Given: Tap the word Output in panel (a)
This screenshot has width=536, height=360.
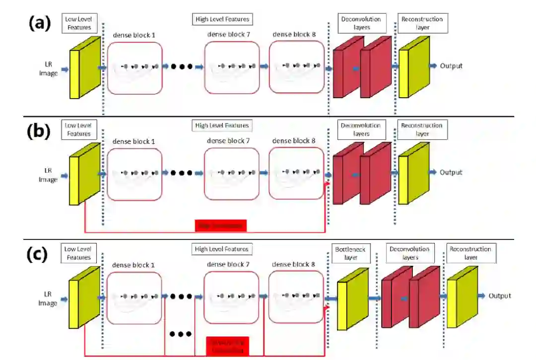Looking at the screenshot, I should click(451, 66).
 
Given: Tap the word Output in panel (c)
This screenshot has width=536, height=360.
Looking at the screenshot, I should click(499, 296).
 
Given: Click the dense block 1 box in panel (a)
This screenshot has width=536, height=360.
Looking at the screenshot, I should click(134, 68).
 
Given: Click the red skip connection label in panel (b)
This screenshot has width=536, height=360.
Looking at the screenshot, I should click(221, 226).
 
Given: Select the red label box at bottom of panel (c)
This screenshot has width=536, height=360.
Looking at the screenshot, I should click(227, 345).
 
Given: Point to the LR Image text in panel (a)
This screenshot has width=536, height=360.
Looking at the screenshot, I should click(52, 70).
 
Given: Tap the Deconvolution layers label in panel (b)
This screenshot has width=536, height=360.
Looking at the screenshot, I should click(361, 129).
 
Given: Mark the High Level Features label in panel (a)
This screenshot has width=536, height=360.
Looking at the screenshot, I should click(222, 19).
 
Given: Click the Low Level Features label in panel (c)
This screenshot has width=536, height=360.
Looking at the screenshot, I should click(78, 253).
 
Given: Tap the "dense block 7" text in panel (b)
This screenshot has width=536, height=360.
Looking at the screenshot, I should click(229, 141).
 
